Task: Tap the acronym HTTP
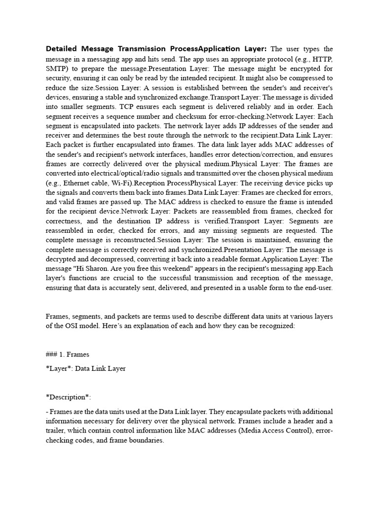(x=322, y=58)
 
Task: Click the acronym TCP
(x=129, y=107)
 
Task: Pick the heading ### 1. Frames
(x=67, y=354)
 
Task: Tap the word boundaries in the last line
(x=146, y=440)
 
